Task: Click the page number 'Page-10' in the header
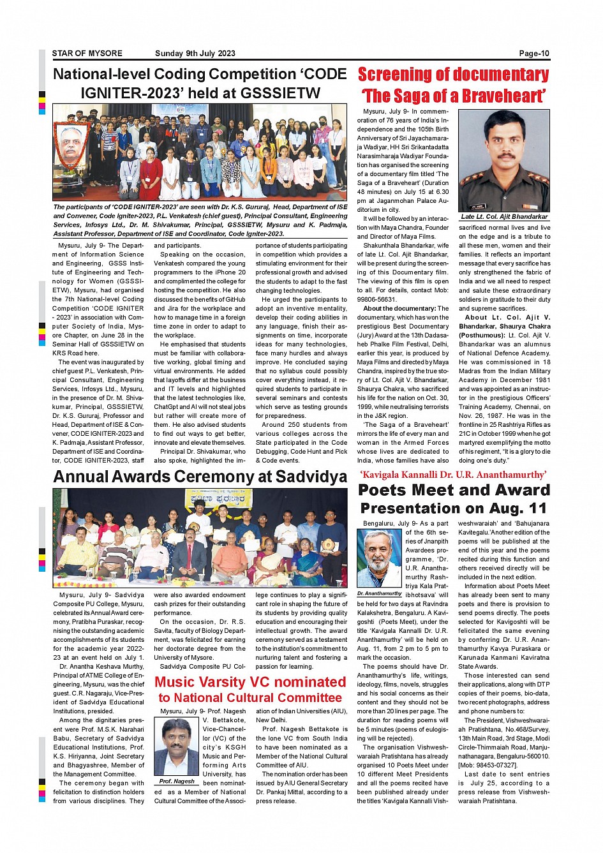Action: pos(533,54)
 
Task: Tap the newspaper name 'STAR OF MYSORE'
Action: pos(87,54)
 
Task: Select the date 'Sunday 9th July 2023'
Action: pos(195,54)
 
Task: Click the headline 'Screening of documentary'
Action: pos(453,75)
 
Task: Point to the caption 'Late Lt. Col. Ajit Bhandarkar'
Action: pos(504,217)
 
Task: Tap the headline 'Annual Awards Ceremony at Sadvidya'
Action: pos(200,477)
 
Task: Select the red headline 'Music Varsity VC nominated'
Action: pos(250,682)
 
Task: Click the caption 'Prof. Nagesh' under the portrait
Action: pos(177,781)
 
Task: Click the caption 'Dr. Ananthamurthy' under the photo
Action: pos(379,593)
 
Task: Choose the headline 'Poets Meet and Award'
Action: pos(454,490)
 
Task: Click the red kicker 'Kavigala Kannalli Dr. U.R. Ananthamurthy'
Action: pos(453,475)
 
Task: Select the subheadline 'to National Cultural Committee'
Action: pos(250,698)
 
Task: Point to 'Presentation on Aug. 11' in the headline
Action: pos(454,508)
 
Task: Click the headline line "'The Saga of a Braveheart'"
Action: pos(453,96)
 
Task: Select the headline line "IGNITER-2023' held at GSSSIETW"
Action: pos(200,93)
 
